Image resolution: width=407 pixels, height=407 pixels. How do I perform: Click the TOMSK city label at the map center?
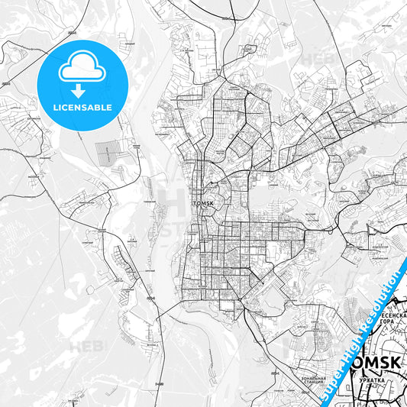204,204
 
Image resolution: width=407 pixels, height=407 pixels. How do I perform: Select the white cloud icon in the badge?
82,69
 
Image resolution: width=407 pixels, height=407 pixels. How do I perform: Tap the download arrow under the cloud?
82,89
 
